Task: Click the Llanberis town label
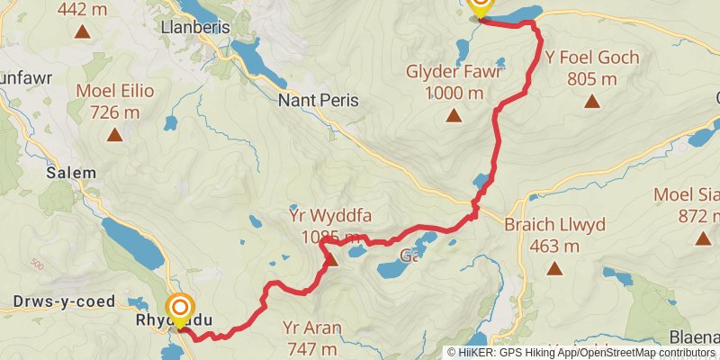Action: click(193, 28)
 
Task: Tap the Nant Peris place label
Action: click(318, 101)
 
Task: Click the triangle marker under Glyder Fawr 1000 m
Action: click(453, 115)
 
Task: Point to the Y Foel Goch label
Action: click(592, 58)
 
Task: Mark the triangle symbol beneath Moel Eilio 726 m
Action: click(114, 135)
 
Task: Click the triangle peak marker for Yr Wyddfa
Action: click(330, 260)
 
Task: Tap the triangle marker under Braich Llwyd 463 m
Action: click(553, 268)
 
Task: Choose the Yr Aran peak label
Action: click(311, 328)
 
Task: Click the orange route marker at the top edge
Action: click(480, 6)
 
